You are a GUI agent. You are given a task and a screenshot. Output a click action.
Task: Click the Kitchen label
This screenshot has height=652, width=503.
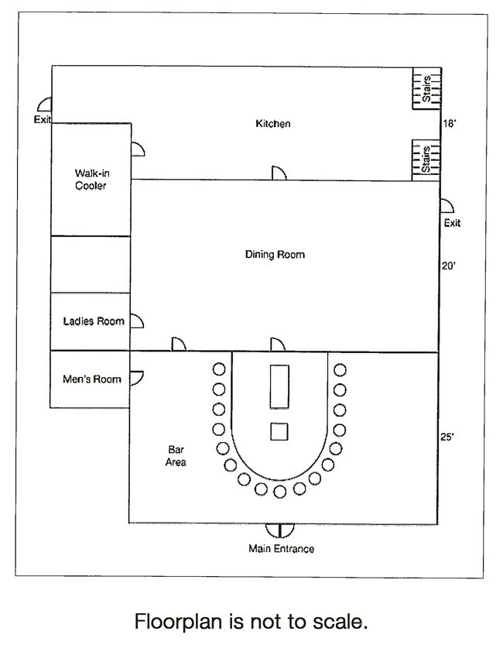272,124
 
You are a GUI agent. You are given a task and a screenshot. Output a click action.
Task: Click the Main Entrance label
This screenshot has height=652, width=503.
281,549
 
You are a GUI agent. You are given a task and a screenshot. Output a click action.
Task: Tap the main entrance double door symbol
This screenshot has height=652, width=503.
279,530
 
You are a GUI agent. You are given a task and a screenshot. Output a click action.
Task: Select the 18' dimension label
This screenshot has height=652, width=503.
450,124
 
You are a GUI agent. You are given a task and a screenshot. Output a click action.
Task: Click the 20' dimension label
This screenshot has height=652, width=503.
448,265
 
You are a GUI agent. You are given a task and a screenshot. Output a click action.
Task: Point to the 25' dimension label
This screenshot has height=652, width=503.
448,437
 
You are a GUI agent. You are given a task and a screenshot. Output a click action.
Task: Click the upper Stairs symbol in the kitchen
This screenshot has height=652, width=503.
426,88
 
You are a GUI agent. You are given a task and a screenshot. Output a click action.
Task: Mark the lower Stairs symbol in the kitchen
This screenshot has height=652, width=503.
426,159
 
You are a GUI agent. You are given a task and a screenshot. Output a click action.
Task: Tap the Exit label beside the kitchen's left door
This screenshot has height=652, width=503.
41,119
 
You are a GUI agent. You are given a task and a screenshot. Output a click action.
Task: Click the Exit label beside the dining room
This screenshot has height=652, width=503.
452,223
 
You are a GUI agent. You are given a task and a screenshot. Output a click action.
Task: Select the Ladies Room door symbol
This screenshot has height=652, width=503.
138,321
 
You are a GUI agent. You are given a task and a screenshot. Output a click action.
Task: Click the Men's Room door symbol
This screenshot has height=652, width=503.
137,378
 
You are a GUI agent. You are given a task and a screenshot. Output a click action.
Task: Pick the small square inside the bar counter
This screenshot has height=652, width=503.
279,431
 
